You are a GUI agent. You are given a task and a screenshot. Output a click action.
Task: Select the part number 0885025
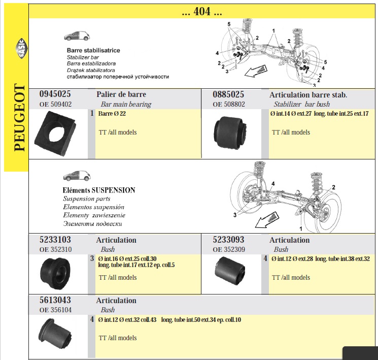click(x=228, y=94)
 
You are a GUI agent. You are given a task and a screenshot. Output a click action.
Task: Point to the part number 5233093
click(x=228, y=240)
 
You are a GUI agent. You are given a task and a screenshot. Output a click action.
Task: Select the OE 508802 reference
click(x=229, y=104)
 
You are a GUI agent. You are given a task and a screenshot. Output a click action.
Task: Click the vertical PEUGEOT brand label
click(x=19, y=117)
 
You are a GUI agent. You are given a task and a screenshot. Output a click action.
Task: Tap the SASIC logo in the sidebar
click(x=21, y=48)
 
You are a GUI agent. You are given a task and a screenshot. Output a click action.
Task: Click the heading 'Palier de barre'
click(x=121, y=94)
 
